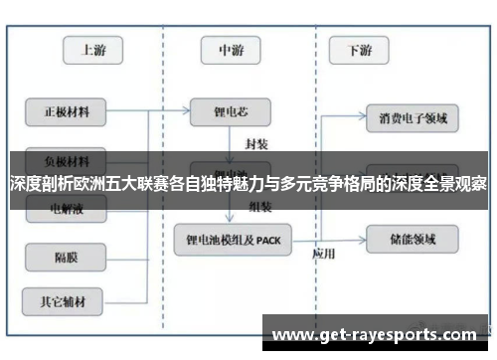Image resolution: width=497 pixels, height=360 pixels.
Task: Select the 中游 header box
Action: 231,49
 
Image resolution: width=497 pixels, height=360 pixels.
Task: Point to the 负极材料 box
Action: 66,158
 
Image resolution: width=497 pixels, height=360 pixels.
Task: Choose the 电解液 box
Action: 66,209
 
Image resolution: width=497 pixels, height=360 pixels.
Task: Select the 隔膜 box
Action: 66,257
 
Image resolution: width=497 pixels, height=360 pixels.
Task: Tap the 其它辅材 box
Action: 66,297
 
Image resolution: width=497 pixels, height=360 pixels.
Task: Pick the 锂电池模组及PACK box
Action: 233,239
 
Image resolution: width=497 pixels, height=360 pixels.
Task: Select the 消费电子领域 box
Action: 413,118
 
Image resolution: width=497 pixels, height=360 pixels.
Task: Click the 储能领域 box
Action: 413,238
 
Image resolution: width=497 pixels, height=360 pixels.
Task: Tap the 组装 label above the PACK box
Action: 260,208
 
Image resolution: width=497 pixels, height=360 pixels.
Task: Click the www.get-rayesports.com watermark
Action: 374,334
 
